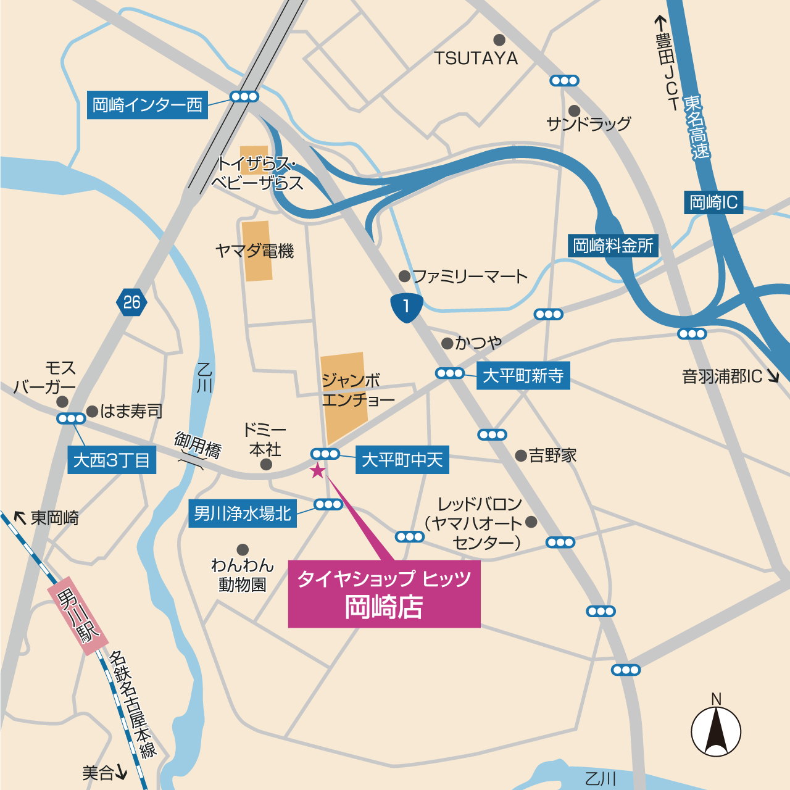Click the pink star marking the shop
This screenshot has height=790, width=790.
[317, 471]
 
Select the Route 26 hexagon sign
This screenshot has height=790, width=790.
[131, 302]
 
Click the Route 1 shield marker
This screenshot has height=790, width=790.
[406, 307]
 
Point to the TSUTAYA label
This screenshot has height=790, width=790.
[476, 59]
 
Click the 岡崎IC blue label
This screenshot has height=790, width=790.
[713, 202]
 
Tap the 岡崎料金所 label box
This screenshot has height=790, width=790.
[613, 246]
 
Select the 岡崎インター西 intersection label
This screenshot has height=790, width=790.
[148, 105]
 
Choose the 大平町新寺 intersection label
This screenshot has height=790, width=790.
[523, 375]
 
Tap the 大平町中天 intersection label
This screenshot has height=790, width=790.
[402, 460]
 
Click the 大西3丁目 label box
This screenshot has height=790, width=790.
[112, 460]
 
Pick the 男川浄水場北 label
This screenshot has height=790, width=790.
[242, 513]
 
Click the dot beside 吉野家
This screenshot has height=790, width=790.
[521, 455]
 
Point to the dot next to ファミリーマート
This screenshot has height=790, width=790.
[404, 276]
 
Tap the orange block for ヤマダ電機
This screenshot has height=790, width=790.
[257, 251]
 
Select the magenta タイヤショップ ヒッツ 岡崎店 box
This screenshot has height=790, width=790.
[384, 593]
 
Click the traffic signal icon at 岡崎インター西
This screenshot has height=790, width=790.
[244, 96]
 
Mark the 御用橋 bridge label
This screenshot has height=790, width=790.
[197, 444]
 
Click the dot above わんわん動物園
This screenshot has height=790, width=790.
[243, 549]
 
